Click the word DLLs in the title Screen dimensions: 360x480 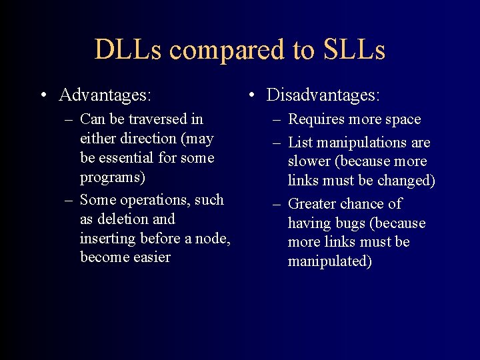(x=127, y=50)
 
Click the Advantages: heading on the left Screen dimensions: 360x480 (x=105, y=95)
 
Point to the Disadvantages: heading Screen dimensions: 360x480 (x=323, y=95)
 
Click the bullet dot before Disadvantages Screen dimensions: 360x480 (x=251, y=95)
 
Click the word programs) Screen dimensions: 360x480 (x=113, y=178)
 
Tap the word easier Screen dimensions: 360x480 (x=151, y=257)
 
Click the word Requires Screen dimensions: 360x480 (x=317, y=120)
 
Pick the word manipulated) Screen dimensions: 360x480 (x=329, y=261)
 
